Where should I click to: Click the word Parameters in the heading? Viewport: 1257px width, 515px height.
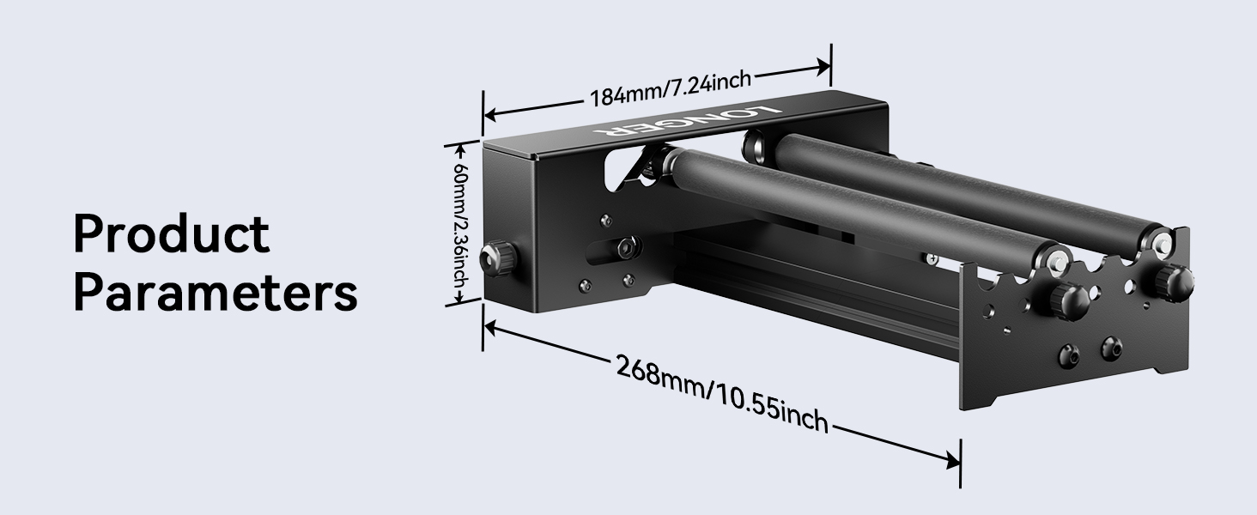pos(215,294)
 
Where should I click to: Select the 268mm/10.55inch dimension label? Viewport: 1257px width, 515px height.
pos(722,394)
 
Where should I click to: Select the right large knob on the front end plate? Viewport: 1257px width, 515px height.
pos(1173,278)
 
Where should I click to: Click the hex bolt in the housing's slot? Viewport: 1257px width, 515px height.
pos(627,248)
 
